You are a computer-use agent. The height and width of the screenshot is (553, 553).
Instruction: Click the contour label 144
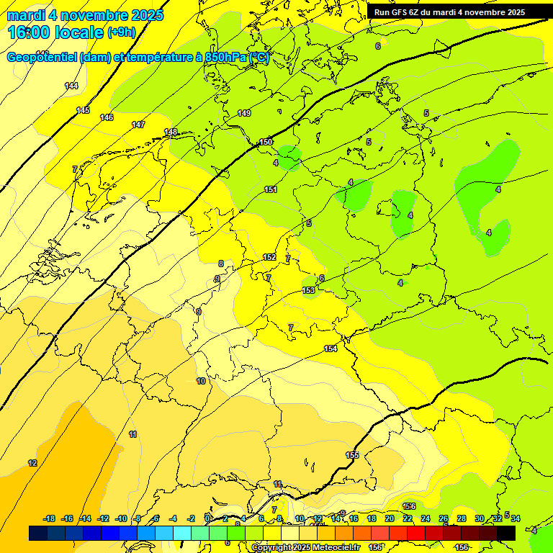tap(71, 86)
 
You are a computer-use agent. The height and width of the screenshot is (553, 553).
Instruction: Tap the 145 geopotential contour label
tap(83, 110)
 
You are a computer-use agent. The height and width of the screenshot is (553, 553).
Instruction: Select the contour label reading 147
tap(138, 125)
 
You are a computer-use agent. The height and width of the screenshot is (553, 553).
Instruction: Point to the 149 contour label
tap(244, 113)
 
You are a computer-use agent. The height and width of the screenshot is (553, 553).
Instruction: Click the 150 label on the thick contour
tap(266, 142)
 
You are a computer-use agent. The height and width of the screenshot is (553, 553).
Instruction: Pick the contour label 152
tap(269, 257)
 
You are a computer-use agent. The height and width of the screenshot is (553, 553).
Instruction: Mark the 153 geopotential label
tap(308, 290)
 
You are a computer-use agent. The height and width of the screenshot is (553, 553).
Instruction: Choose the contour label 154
tap(331, 349)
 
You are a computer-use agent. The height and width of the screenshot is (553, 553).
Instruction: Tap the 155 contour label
tap(352, 455)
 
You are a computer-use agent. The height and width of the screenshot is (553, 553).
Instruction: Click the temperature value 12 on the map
tap(32, 463)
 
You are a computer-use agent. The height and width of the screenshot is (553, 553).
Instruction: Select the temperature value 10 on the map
tap(201, 381)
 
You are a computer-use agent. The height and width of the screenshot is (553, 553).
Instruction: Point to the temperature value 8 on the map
tap(221, 264)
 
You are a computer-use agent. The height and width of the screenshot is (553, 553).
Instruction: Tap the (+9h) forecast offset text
tap(121, 32)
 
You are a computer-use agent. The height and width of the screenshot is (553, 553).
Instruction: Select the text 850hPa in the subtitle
tap(226, 58)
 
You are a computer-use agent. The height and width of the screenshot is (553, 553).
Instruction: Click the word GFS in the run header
tap(408, 12)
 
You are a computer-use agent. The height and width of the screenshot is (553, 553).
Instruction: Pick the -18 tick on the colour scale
tap(50, 518)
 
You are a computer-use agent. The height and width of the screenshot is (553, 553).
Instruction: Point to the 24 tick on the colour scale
tap(425, 518)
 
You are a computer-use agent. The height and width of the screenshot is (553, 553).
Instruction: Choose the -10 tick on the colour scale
tap(121, 518)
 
